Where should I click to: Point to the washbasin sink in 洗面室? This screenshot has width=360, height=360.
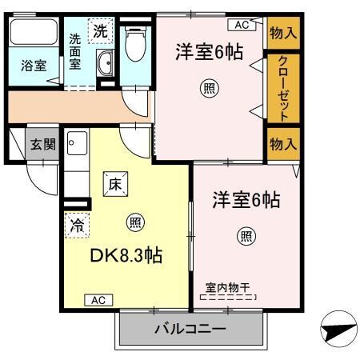point(104,65)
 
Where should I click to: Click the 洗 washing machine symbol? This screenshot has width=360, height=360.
point(100,32)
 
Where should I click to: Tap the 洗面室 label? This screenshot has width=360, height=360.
point(74,53)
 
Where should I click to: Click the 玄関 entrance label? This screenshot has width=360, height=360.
point(42,145)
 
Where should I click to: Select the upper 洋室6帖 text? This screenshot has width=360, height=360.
point(209,53)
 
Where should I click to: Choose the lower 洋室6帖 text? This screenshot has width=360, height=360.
point(246,199)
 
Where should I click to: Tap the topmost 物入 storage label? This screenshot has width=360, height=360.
point(282,33)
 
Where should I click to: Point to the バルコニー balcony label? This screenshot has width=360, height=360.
point(190,328)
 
